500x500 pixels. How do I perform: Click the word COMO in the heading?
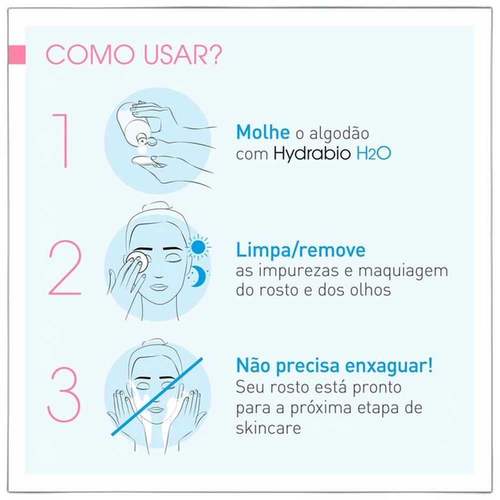pos(90,54)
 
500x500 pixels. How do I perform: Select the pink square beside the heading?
pos(17,54)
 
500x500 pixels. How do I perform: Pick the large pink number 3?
pos(64,394)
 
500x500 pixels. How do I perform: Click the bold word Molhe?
pos(263,132)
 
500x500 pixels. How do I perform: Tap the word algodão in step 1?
pos(339,133)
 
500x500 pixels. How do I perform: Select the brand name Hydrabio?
pos(312,153)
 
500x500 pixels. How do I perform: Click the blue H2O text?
pos(373,153)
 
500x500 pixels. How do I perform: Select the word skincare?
pos(268,428)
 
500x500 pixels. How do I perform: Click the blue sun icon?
pos(198,247)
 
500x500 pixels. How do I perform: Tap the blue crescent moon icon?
pos(197,276)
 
